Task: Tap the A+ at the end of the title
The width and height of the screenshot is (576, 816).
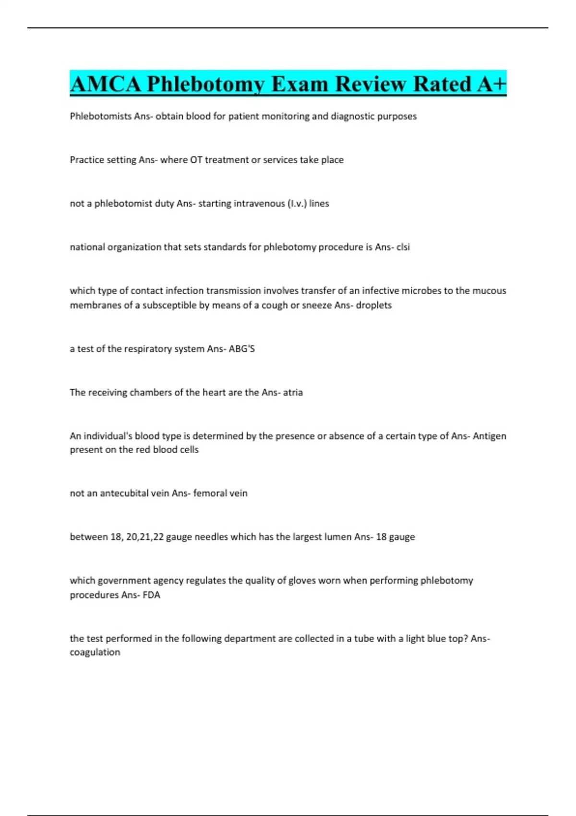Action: tap(492, 84)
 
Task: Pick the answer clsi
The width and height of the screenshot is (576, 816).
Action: tap(403, 247)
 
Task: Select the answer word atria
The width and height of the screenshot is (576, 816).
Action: tap(293, 393)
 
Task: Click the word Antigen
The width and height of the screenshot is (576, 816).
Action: tap(489, 436)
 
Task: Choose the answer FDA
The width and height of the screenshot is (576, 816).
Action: tap(151, 595)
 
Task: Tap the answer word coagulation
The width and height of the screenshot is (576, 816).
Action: tap(95, 652)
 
